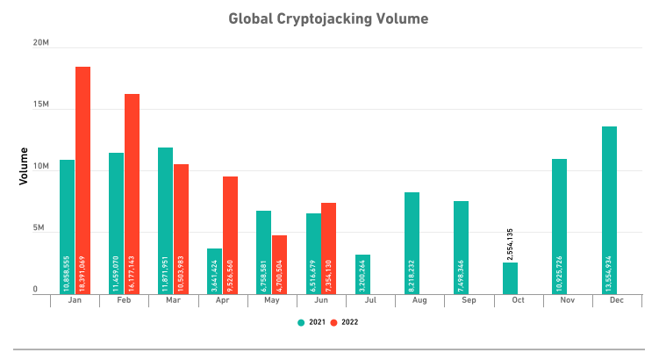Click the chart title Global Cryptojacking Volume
329,18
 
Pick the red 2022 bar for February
132,193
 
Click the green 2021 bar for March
165,220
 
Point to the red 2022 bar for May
279,264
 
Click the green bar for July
362,273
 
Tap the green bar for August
412,242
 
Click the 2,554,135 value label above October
510,243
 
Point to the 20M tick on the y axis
40,43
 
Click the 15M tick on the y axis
40,104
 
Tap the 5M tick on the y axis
40,228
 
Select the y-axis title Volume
24,166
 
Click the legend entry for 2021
312,322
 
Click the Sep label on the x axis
461,300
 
